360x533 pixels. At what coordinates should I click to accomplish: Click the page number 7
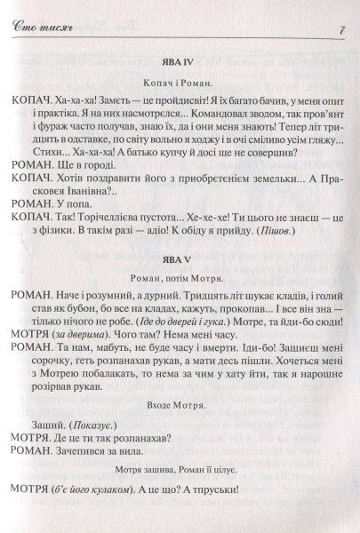pyautogui.click(x=342, y=33)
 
